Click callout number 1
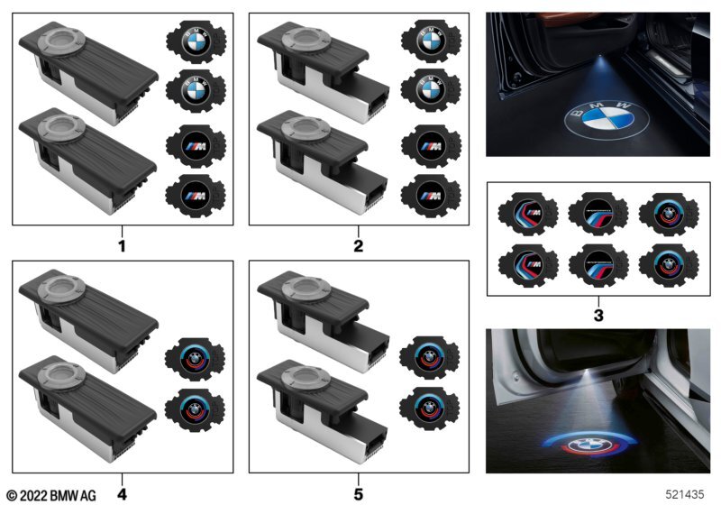tap(123, 244)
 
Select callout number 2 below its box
tap(358, 244)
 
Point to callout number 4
tap(123, 493)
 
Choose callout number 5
tap(358, 493)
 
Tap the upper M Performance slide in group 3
tap(598, 215)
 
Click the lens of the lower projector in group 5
tap(298, 378)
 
